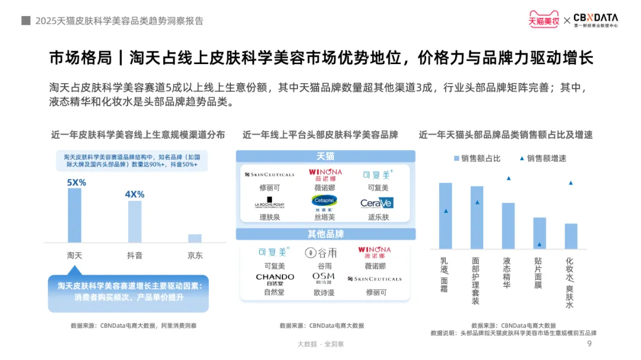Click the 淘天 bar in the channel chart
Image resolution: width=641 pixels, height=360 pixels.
[x=75, y=215]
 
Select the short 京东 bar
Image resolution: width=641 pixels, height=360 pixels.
[x=195, y=238]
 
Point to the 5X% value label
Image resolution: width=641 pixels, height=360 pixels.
[x=76, y=183]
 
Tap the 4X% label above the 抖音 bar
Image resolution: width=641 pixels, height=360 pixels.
[x=135, y=194]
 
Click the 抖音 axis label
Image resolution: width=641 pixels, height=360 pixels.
[x=135, y=256]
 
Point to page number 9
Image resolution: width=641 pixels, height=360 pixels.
[x=589, y=344]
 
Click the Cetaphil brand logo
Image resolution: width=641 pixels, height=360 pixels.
[x=324, y=202]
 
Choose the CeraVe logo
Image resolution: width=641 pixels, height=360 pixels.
[x=377, y=203]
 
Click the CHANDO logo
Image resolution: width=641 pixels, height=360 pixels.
[x=275, y=279]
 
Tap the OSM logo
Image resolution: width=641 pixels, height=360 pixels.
[x=323, y=278]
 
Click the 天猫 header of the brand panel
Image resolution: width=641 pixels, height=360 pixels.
[x=325, y=157]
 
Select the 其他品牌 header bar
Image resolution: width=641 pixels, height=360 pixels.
[x=325, y=234]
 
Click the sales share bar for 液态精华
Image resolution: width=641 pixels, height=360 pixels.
[x=508, y=226]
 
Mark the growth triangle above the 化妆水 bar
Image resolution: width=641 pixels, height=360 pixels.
[x=570, y=183]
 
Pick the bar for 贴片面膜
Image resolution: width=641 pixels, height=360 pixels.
[x=539, y=233]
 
